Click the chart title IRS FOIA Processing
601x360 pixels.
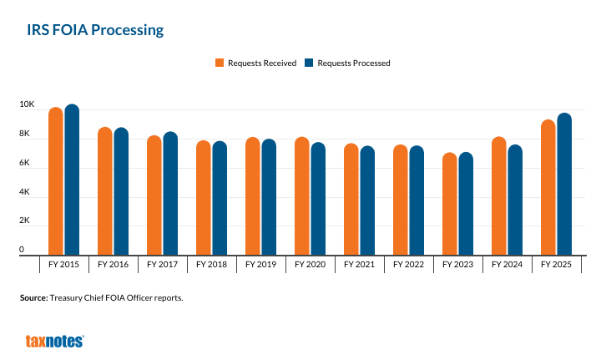coord(94,30)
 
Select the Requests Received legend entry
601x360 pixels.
coord(256,63)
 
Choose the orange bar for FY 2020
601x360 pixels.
coord(301,197)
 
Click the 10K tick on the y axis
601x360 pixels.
coord(27,105)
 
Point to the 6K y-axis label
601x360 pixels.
coord(27,164)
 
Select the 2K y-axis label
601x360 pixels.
coord(27,222)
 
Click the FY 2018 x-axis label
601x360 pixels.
coord(211,265)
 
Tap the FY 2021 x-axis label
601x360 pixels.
coord(359,265)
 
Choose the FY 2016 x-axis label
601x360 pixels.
coord(113,265)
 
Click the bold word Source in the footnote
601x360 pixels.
coord(33,297)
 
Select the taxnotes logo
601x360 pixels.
coord(54,341)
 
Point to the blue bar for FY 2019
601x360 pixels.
coord(269,198)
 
